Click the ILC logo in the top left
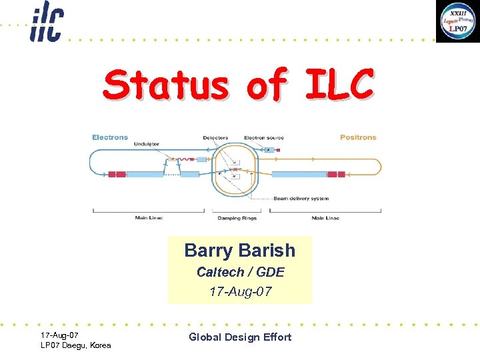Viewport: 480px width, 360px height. [46, 22]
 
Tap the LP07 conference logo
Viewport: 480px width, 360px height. [457, 21]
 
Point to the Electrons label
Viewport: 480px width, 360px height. [110, 137]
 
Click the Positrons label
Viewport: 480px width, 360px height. [358, 137]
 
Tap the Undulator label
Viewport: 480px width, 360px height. [146, 145]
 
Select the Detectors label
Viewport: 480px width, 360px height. [215, 138]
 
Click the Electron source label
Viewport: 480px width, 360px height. [263, 138]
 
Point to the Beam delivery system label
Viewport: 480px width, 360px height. [301, 199]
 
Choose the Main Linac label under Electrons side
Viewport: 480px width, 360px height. [149, 218]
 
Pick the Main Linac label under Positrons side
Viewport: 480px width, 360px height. [325, 218]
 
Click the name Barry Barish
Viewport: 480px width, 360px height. [239, 251]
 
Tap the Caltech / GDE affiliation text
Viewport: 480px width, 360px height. [240, 272]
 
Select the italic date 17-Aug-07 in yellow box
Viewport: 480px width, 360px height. [240, 291]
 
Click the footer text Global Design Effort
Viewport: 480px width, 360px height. [240, 337]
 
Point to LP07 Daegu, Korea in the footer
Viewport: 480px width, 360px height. [76, 345]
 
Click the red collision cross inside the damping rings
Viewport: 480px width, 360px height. [234, 171]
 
